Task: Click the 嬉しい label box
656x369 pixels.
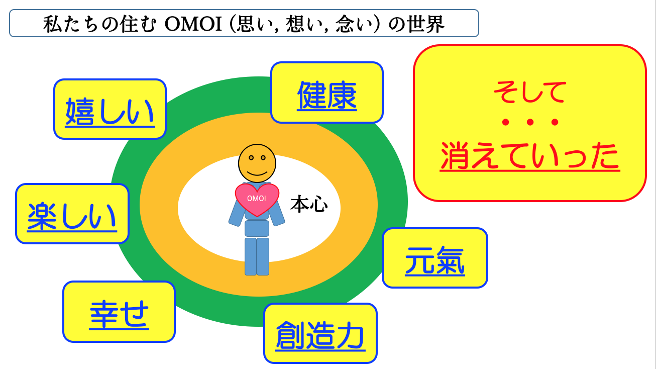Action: (x=110, y=109)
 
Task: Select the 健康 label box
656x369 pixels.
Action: (x=327, y=93)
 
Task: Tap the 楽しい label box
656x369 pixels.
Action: (x=72, y=214)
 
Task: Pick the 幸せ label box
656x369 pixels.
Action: (x=119, y=312)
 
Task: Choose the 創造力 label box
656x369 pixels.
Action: (x=320, y=333)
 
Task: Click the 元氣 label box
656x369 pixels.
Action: (x=435, y=258)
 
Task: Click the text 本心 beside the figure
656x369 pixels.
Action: (x=309, y=204)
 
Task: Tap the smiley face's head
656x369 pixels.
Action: (x=257, y=163)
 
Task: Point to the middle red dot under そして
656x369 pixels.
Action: (x=530, y=122)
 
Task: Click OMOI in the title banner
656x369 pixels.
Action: (x=193, y=24)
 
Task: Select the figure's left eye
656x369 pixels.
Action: (x=251, y=158)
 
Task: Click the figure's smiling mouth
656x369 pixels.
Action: (x=257, y=172)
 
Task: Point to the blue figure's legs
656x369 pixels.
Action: (x=257, y=256)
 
